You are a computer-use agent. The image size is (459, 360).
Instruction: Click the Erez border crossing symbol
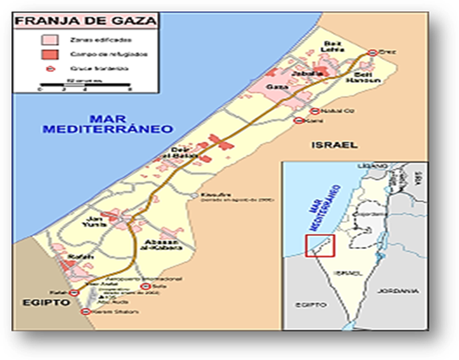point(372,52)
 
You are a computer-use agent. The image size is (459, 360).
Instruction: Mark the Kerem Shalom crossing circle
point(84,311)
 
